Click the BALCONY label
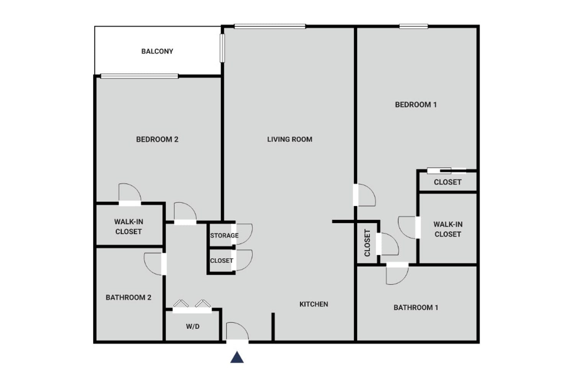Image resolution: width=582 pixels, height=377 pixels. [x=157, y=51]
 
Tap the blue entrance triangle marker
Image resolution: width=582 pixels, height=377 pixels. [x=237, y=357]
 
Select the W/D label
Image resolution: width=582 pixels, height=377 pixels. [x=193, y=326]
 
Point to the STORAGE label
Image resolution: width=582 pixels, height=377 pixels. [x=224, y=236]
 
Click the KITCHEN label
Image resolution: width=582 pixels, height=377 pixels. [x=314, y=304]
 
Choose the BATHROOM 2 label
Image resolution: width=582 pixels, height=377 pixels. [x=128, y=297]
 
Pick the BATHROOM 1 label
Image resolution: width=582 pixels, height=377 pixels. [x=416, y=308]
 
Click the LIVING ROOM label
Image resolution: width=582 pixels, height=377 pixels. [x=290, y=139]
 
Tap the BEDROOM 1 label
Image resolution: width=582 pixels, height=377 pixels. [x=416, y=105]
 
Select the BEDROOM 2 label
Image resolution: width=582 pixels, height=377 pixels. [x=157, y=139]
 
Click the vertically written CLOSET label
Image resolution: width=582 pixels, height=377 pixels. [x=367, y=243]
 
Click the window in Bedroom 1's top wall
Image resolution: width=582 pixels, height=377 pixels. [x=414, y=26]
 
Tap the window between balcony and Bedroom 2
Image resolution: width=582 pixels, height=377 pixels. [x=139, y=76]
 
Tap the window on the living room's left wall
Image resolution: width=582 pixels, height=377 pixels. [x=222, y=48]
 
